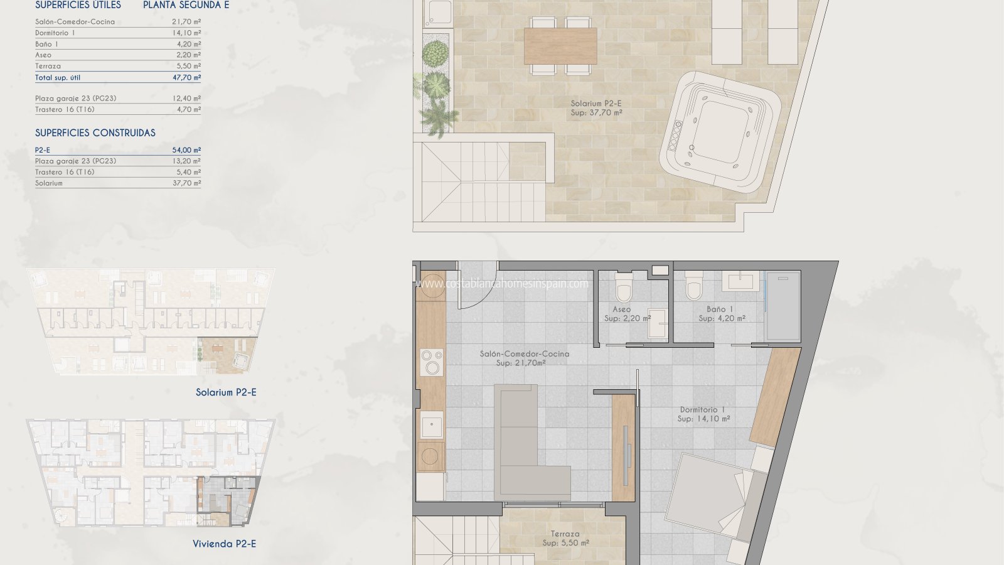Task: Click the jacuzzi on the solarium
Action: (720, 132)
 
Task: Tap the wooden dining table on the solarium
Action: (560, 46)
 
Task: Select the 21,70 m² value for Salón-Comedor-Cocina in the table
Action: (186, 21)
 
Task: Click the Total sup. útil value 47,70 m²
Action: (186, 77)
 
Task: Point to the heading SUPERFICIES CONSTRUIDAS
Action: (95, 132)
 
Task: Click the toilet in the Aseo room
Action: (624, 287)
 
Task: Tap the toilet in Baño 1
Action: (694, 285)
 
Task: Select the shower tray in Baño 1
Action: (782, 306)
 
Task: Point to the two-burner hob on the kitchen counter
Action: (432, 362)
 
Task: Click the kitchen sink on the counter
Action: (431, 424)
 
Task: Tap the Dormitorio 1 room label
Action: (703, 414)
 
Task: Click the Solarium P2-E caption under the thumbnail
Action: (226, 392)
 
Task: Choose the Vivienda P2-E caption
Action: (224, 544)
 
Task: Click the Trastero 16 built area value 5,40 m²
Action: (186, 172)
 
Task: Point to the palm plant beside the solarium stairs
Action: (439, 117)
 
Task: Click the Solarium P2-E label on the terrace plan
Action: (596, 107)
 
